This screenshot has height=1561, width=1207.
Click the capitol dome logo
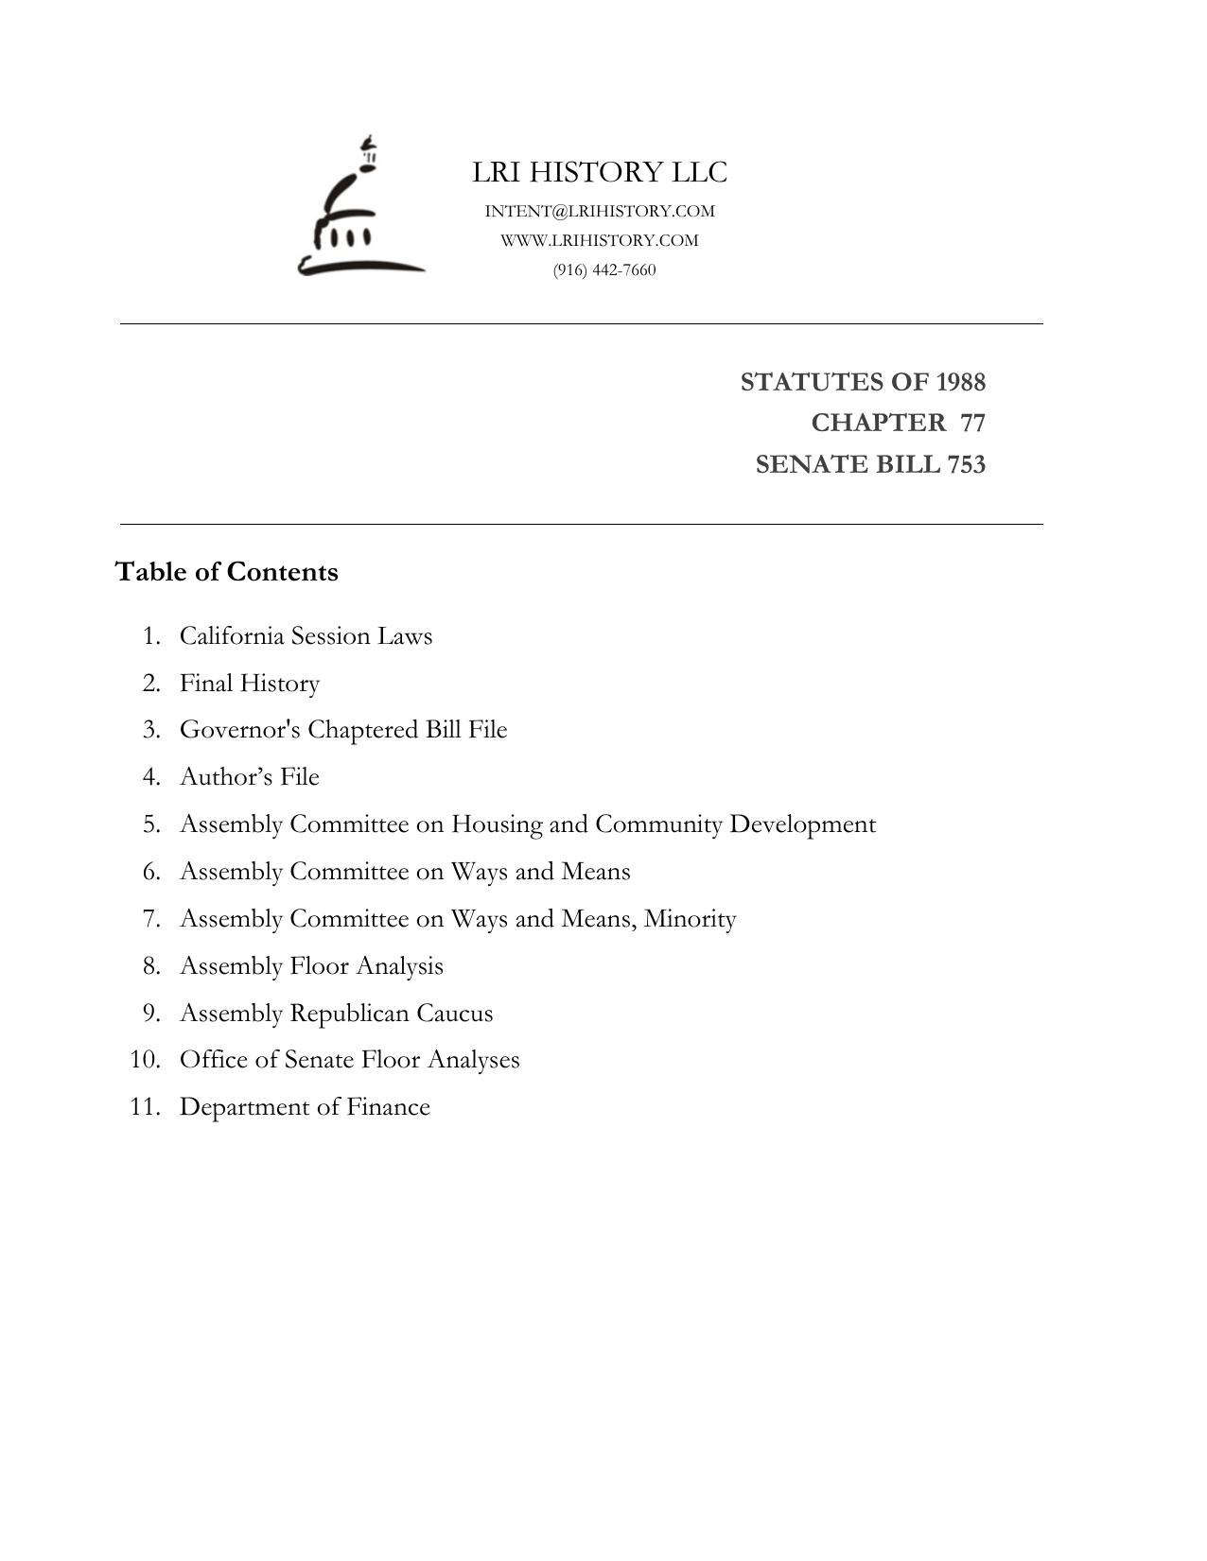click(x=359, y=208)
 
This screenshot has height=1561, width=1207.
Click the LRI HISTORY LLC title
click(x=600, y=172)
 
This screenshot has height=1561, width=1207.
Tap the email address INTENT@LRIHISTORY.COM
click(x=600, y=211)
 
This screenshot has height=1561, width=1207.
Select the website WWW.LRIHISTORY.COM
click(x=600, y=240)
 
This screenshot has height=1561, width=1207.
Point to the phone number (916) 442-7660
click(x=604, y=270)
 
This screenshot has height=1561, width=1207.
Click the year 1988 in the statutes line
click(x=960, y=382)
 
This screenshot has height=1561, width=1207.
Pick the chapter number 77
click(x=972, y=423)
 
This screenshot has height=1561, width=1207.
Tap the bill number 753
click(x=966, y=464)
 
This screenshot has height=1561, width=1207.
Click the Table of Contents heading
click(x=226, y=572)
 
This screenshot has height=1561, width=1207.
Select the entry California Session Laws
click(x=306, y=635)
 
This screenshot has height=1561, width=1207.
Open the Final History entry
click(x=250, y=683)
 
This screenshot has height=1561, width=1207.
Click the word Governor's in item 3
click(x=240, y=730)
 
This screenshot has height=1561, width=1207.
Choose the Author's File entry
click(x=250, y=776)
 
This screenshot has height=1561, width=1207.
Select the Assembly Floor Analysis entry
click(x=311, y=965)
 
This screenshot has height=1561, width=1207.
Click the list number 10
click(x=145, y=1060)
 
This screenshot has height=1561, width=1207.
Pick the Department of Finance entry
click(x=305, y=1107)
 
